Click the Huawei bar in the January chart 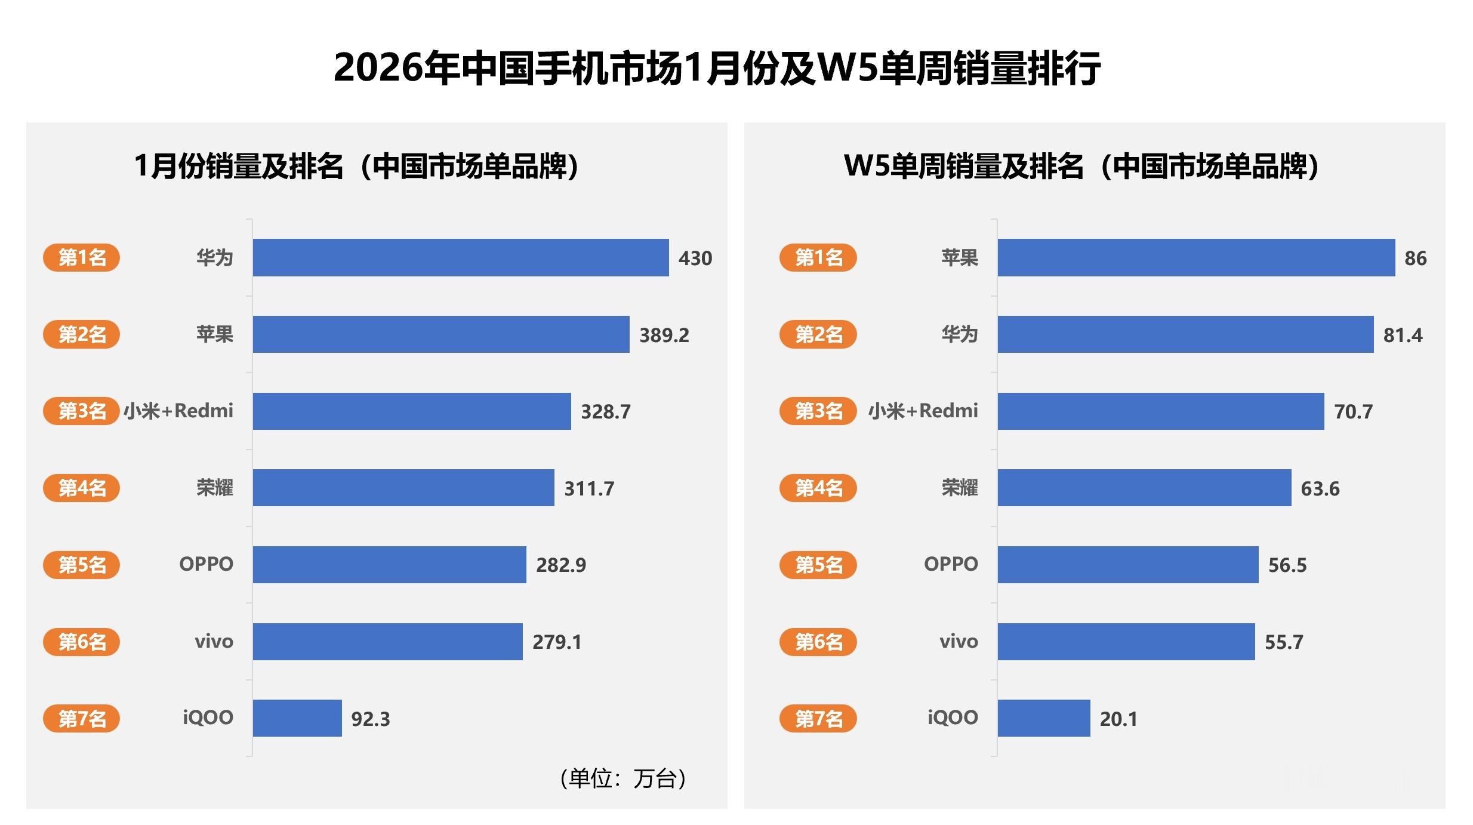460,257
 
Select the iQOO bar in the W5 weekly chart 1043,718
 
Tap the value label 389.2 664,335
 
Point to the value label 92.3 370,719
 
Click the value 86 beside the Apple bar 1415,258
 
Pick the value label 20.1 1118,719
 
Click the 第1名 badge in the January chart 81,257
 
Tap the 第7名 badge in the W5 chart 818,718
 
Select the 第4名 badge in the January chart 81,488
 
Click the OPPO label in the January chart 206,564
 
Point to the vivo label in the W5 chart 959,642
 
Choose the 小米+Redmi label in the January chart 178,411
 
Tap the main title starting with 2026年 716,67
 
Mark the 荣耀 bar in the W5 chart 1144,488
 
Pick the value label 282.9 560,565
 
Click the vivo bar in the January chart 387,641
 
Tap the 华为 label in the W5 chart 959,334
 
